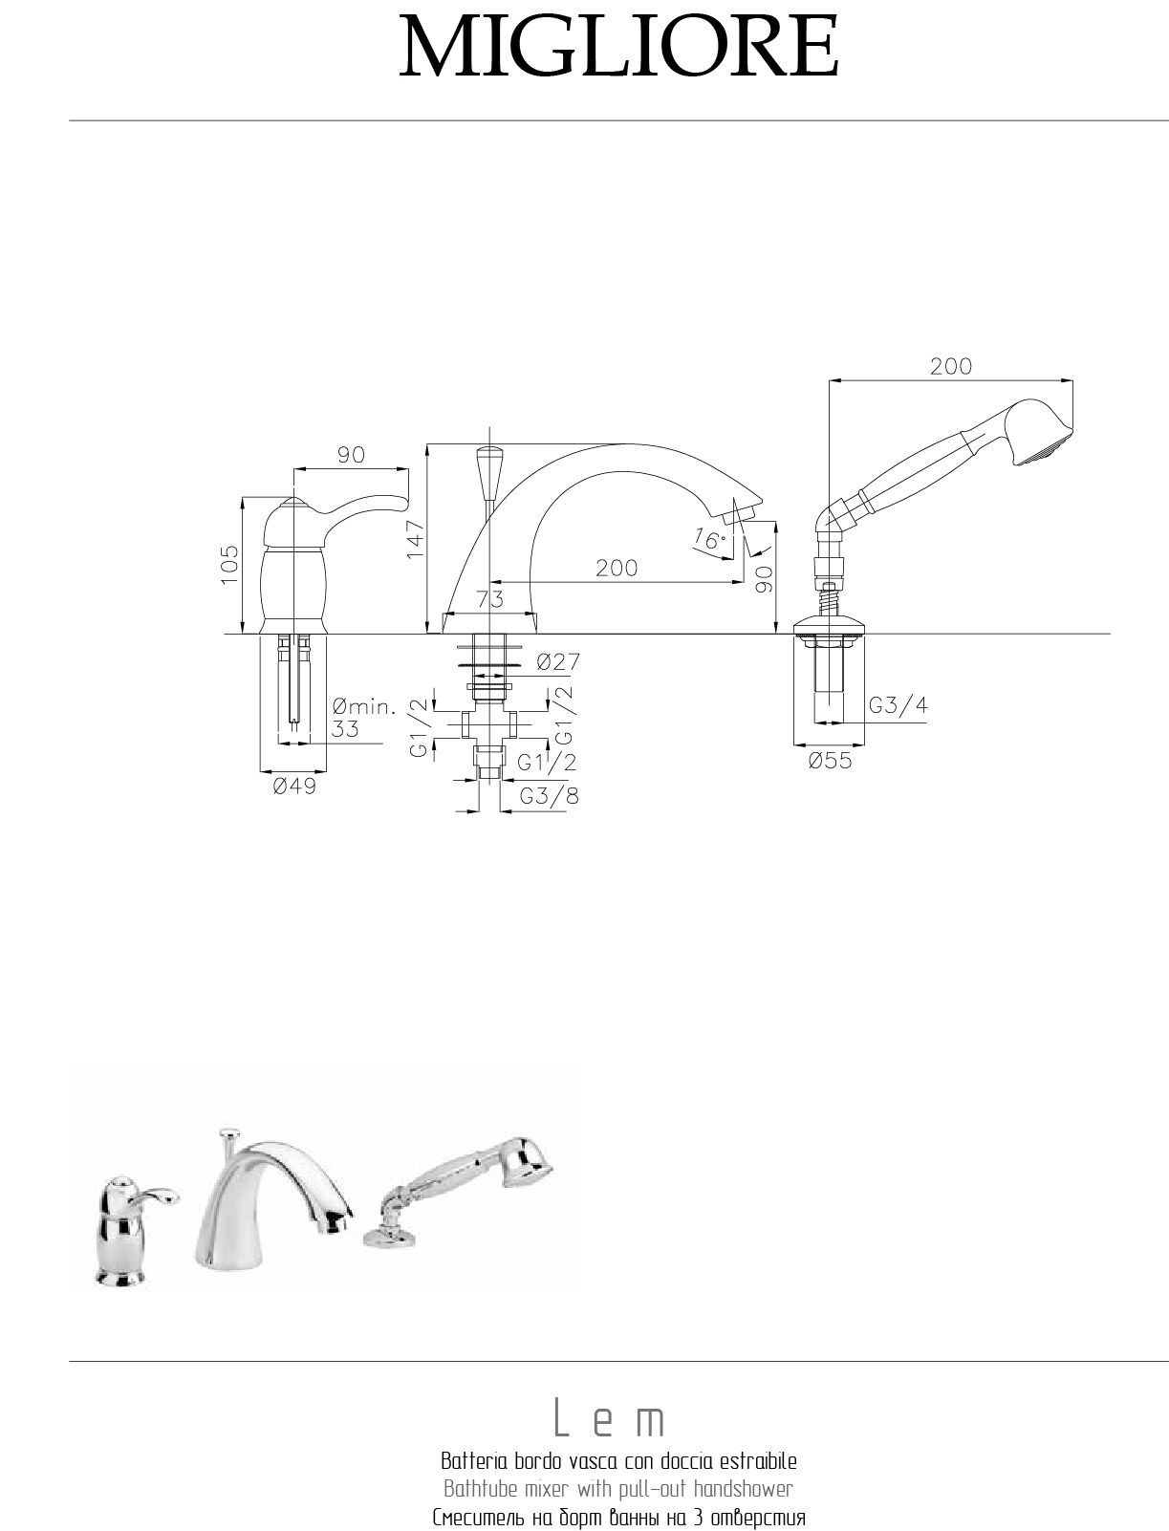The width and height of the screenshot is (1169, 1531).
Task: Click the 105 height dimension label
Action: pos(229,564)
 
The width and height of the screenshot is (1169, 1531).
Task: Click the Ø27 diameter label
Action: pos(559,661)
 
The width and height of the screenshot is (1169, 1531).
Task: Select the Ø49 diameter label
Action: pos(294,787)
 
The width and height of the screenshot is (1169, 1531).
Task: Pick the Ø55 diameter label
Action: pos(830,761)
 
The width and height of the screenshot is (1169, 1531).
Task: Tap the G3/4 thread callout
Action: pos(898,705)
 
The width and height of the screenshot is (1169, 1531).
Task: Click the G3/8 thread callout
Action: pos(549,795)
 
